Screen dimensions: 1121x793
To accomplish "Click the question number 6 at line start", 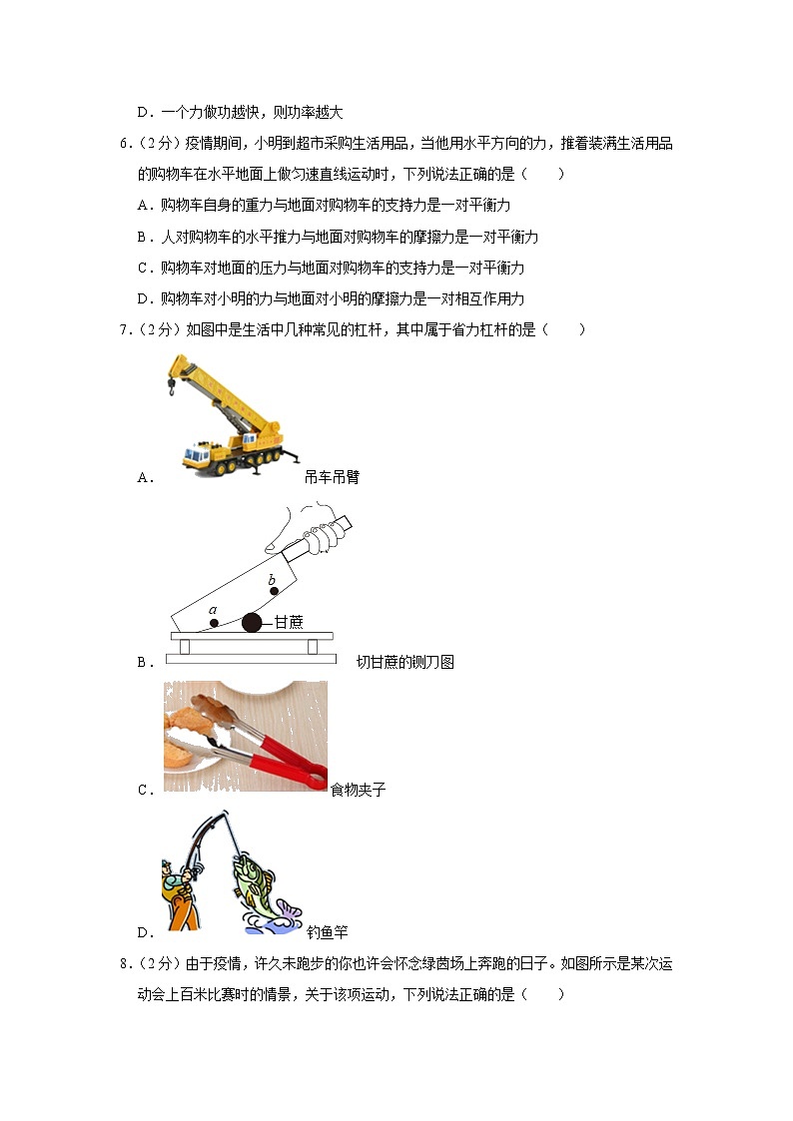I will click(x=124, y=144).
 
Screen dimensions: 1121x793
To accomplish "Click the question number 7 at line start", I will click(x=124, y=329).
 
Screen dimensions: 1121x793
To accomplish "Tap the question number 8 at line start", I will click(x=124, y=964).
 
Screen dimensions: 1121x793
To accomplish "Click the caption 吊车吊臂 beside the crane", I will click(x=332, y=477).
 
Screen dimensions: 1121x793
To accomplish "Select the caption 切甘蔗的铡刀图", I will click(x=405, y=662).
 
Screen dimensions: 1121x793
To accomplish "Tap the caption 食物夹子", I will click(x=359, y=790).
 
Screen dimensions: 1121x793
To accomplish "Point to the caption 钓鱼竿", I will click(x=327, y=933).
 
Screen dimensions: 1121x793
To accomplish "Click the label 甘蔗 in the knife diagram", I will click(x=289, y=622).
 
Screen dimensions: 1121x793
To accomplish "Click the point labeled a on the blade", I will click(x=213, y=623).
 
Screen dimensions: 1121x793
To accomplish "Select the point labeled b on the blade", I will click(x=271, y=593).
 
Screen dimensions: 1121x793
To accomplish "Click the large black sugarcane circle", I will click(x=251, y=623).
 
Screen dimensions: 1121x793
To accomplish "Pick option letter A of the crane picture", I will click(x=144, y=477).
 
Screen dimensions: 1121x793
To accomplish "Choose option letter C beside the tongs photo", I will click(x=144, y=790).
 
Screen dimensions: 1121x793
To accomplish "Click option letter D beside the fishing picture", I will click(x=144, y=933).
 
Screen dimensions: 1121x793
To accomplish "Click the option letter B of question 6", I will click(x=143, y=237).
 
